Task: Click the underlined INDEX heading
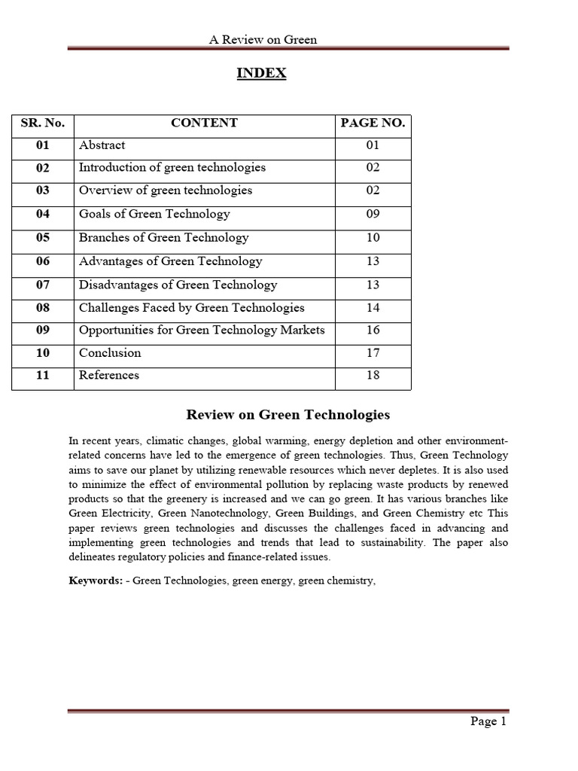click(261, 73)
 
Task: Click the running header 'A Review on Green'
click(263, 40)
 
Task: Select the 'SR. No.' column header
click(42, 123)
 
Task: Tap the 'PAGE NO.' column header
click(373, 123)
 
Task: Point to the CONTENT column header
click(204, 123)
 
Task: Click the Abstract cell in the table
click(102, 145)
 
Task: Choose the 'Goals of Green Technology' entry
click(154, 215)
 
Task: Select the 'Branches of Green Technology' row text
click(163, 238)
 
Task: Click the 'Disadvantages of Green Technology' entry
click(178, 285)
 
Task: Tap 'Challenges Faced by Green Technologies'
click(191, 308)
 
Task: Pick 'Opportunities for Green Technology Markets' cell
click(202, 331)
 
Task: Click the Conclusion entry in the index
click(110, 353)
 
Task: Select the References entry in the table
click(109, 376)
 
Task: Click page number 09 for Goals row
click(373, 215)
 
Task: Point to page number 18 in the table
click(373, 376)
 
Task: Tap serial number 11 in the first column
click(42, 376)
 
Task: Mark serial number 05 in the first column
click(42, 238)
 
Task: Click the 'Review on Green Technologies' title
click(287, 415)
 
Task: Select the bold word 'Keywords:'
click(95, 581)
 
